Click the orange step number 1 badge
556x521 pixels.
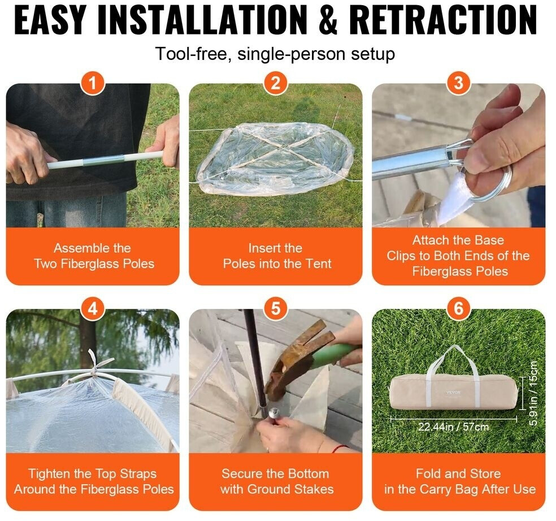point(93,83)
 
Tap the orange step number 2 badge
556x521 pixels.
point(276,83)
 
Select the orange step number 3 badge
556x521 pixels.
point(458,83)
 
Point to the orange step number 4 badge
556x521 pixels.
point(93,308)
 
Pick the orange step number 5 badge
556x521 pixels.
point(276,308)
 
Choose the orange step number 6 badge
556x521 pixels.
point(458,308)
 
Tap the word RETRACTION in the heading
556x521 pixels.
point(443,20)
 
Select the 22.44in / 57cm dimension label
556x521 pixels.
point(454,426)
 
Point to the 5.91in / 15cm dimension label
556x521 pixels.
point(533,393)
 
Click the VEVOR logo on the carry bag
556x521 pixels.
point(453,392)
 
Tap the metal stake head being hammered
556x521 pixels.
point(274,412)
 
